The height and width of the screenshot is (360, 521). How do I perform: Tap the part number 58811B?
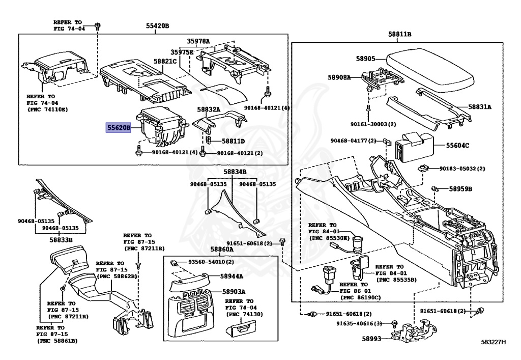(x=399, y=34)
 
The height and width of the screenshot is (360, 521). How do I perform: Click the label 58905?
(x=365, y=59)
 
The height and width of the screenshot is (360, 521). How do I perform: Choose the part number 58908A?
(x=339, y=77)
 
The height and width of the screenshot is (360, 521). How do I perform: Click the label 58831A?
(x=480, y=107)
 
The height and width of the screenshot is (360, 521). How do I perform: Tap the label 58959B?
(x=460, y=189)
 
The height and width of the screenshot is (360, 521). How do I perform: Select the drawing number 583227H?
(x=494, y=342)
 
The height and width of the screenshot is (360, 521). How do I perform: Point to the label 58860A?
(x=222, y=250)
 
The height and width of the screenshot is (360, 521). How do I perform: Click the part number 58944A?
(x=231, y=276)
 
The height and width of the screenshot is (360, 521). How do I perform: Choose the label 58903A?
(x=234, y=292)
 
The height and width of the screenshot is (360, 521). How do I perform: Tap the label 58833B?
(x=61, y=239)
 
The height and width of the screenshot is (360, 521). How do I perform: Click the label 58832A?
(x=209, y=109)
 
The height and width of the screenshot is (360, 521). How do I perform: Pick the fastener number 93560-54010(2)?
(x=211, y=262)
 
